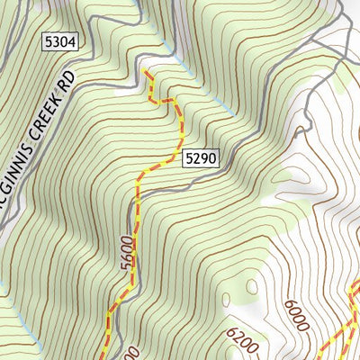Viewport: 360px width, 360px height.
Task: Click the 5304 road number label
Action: point(58,41)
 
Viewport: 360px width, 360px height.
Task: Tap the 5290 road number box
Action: point(200,158)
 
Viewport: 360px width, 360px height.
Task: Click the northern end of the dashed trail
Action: point(144,70)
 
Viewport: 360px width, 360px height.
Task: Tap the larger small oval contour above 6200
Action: point(254,288)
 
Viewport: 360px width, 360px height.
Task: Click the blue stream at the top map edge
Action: point(135,4)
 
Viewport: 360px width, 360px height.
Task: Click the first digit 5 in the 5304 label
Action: point(47,41)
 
